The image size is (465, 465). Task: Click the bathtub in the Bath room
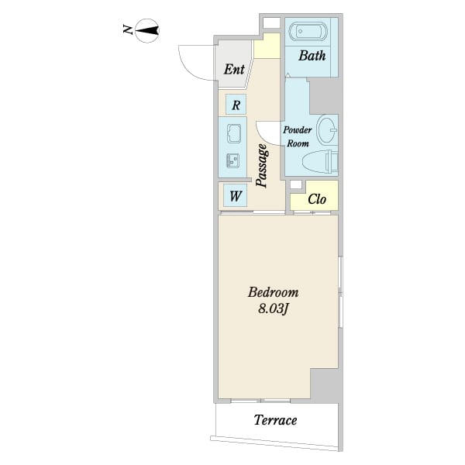pyautogui.click(x=308, y=31)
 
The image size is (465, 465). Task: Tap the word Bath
pyautogui.click(x=312, y=56)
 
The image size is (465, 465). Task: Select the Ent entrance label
pyautogui.click(x=234, y=69)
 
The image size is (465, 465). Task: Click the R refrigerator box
pyautogui.click(x=236, y=105)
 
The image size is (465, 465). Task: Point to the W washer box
pyautogui.click(x=235, y=195)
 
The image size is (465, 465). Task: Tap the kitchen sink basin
pyautogui.click(x=234, y=133)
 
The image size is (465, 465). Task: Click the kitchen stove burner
pyautogui.click(x=233, y=160)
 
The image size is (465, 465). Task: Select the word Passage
pyautogui.click(x=263, y=166)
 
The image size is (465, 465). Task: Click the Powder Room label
pyautogui.click(x=298, y=136)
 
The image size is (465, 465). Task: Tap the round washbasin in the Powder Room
pyautogui.click(x=327, y=129)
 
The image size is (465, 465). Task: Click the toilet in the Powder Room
pyautogui.click(x=320, y=162)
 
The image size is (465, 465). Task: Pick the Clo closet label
pyautogui.click(x=317, y=199)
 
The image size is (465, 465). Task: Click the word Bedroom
pyautogui.click(x=273, y=292)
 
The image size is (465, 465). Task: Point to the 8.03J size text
pyautogui.click(x=273, y=309)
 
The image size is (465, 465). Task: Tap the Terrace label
pyautogui.click(x=275, y=420)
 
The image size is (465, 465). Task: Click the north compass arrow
pyautogui.click(x=147, y=30)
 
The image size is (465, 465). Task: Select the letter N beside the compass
pyautogui.click(x=128, y=29)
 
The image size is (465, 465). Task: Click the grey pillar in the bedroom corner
pyautogui.click(x=325, y=385)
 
